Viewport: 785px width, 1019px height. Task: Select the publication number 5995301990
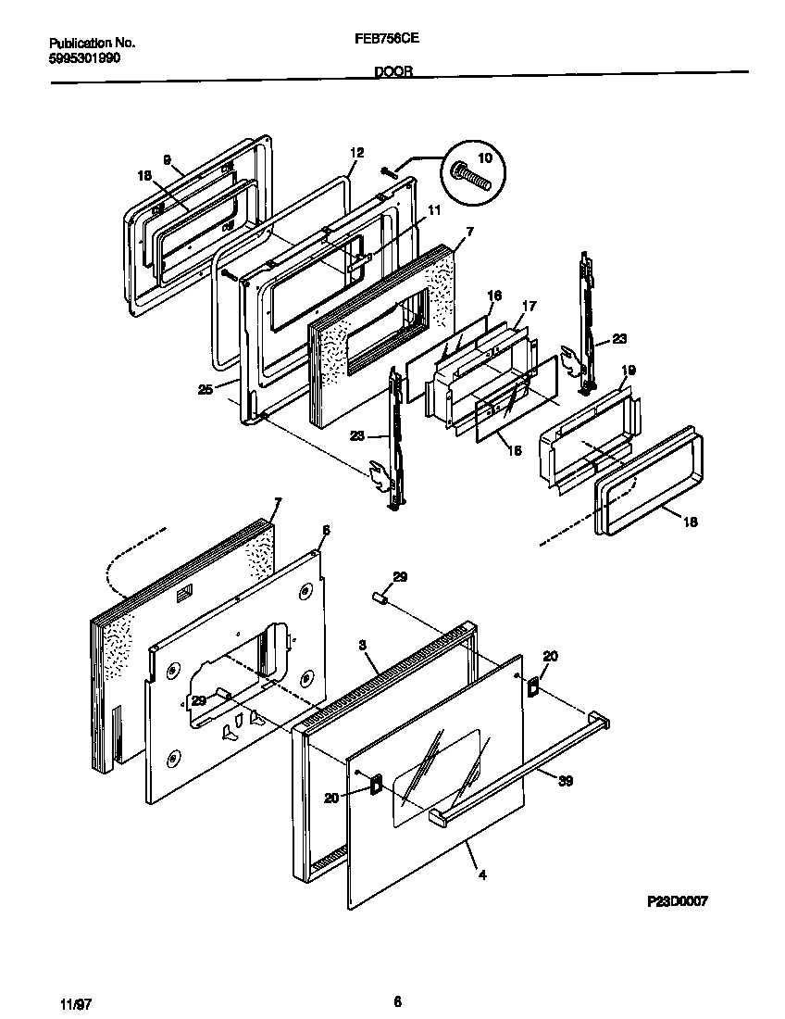click(x=83, y=57)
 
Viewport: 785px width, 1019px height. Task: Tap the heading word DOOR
click(x=393, y=70)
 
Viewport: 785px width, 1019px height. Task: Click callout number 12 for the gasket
click(x=356, y=153)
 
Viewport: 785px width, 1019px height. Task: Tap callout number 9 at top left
click(x=167, y=160)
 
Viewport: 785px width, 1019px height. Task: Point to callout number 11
click(x=433, y=210)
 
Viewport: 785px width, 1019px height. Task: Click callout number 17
click(x=530, y=305)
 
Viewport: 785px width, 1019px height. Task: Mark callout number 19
click(x=628, y=371)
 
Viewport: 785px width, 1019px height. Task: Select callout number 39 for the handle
click(x=566, y=781)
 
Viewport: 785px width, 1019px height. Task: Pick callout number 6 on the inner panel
click(x=324, y=529)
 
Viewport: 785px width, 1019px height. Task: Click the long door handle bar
click(x=518, y=767)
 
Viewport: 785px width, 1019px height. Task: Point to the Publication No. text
click(x=92, y=43)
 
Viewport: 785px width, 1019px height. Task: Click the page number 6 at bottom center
click(x=397, y=1001)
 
